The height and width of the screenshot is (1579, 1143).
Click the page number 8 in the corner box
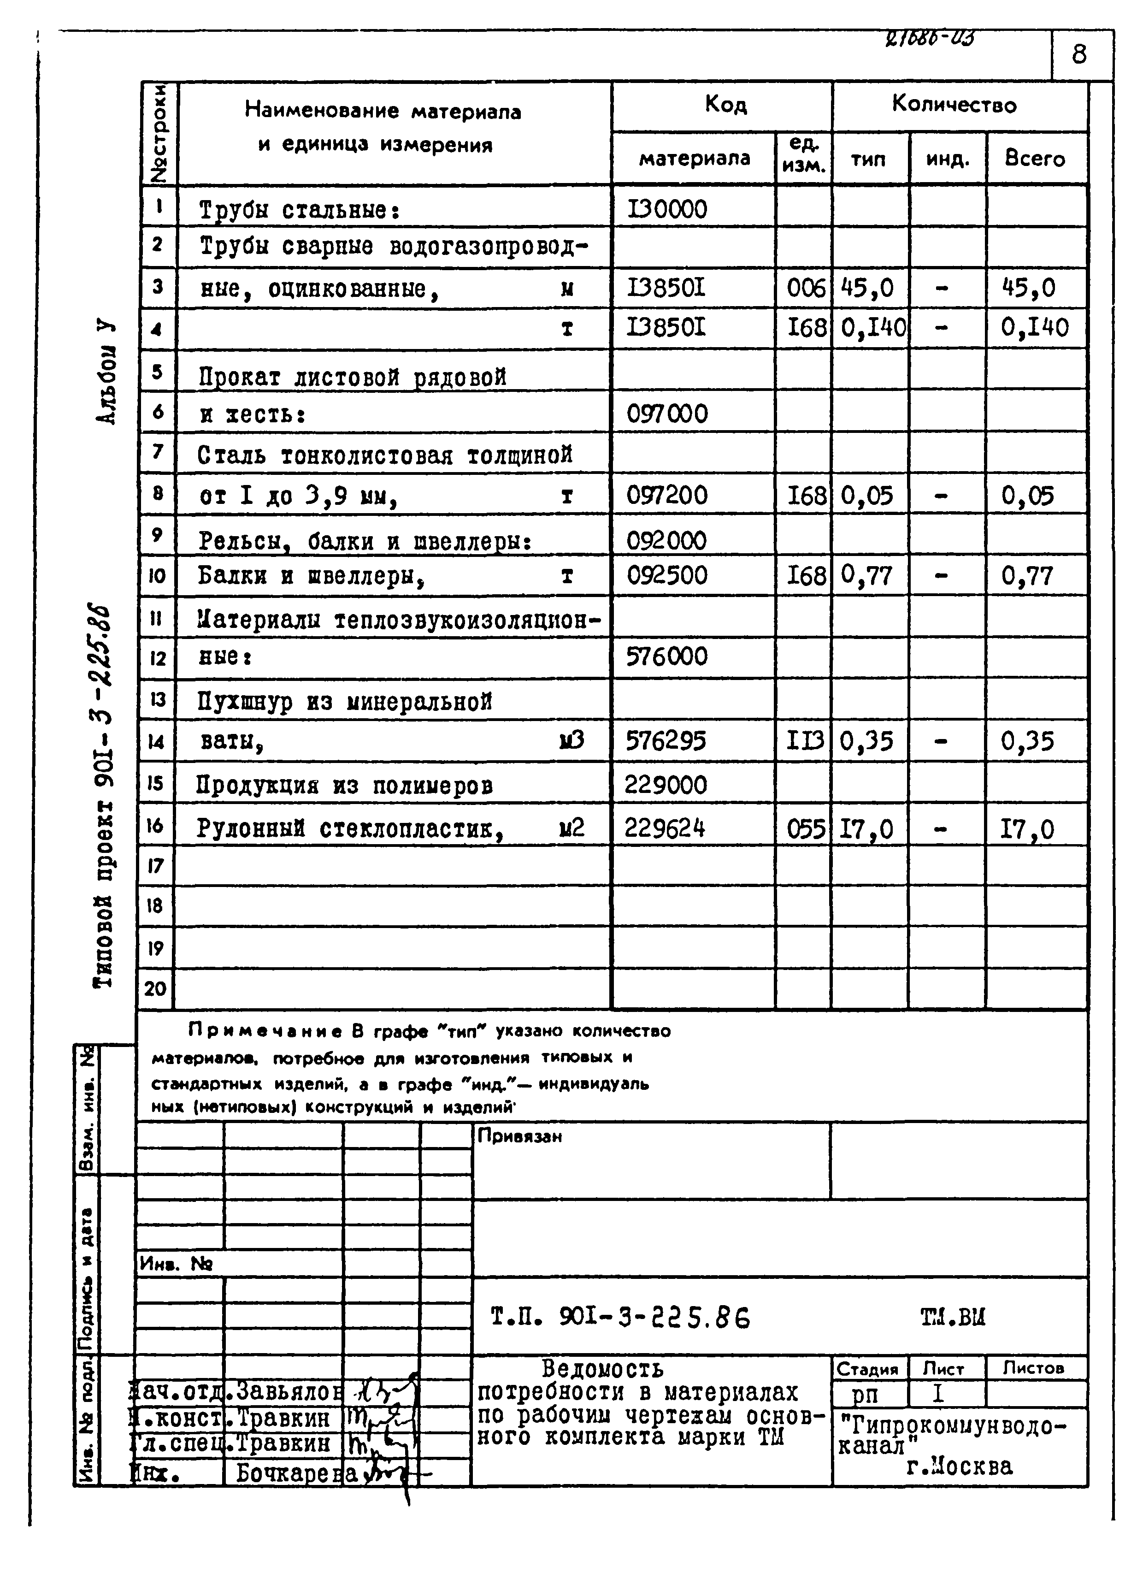[1079, 54]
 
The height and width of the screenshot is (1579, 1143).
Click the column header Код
[725, 105]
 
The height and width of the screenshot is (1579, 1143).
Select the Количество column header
[954, 105]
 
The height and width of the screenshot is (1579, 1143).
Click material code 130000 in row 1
[667, 209]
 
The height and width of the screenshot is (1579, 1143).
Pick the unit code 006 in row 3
[805, 288]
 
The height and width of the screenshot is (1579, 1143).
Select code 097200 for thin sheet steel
[667, 496]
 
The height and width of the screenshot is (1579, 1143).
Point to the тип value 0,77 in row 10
[866, 575]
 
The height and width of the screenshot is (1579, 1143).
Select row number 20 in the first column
[155, 988]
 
